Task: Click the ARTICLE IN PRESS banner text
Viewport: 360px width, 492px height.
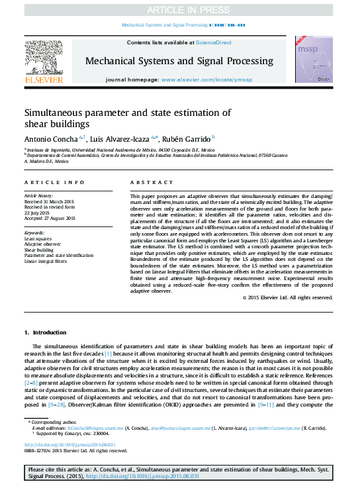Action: (x=179, y=9)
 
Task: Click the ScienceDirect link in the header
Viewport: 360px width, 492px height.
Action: (x=212, y=42)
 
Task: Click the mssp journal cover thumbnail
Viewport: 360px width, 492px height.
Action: (x=314, y=59)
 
